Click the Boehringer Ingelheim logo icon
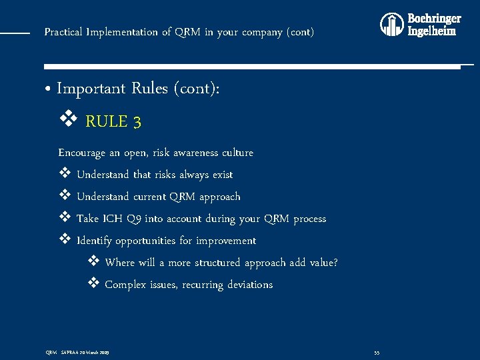pos(392,25)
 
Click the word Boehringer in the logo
pos(434,19)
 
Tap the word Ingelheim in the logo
pos(432,31)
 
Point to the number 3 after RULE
pos(137,122)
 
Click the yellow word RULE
pos(106,122)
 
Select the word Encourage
pos(82,153)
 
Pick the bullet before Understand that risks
pos(65,174)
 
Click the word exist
pos(223,175)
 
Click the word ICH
pos(111,219)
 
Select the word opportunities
pos(147,241)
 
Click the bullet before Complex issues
pos(93,284)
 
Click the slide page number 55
pos(377,351)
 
